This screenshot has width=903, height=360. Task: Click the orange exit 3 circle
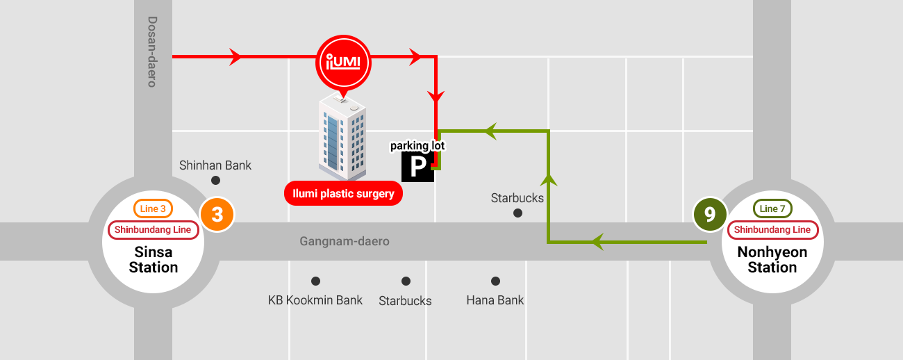(217, 215)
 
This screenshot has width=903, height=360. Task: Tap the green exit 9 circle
(710, 215)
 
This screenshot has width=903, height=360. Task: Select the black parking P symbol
(417, 167)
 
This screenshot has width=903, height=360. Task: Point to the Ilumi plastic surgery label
(343, 193)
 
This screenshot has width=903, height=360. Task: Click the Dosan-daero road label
(152, 52)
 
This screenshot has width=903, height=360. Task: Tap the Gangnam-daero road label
(345, 242)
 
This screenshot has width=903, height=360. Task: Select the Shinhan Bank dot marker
(216, 181)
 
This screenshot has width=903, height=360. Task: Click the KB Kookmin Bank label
(315, 300)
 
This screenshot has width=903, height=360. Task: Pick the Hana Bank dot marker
(495, 281)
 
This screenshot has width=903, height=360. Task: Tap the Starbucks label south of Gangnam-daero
(405, 301)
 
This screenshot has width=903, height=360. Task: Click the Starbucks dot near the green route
(517, 213)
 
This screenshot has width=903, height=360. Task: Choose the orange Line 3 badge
(153, 209)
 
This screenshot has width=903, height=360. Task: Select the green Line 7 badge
(772, 209)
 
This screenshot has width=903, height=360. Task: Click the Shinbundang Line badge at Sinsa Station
(153, 230)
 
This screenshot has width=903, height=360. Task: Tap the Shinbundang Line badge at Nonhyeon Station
(772, 230)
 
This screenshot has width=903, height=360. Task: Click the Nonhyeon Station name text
(772, 259)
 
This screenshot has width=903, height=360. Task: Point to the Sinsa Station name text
(154, 259)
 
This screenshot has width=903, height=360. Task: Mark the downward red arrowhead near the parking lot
(436, 98)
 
